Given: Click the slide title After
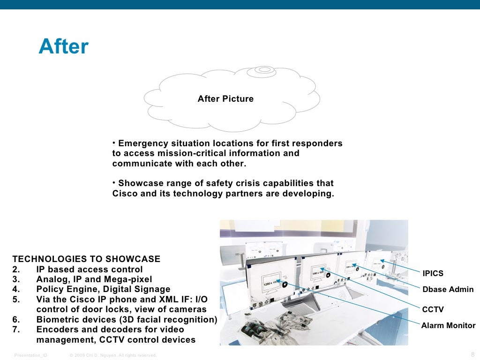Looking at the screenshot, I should point(63,47).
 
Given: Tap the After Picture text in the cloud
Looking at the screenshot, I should point(225,99).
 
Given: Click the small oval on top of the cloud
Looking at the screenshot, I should point(265,70).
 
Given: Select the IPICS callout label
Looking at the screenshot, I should point(433,273).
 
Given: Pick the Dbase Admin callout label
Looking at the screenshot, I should point(448,289).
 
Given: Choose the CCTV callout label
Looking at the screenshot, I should point(433,309).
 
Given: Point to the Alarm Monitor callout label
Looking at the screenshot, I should point(448,325).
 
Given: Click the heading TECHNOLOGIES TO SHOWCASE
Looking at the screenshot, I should point(86,259).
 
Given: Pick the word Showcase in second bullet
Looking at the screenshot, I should point(139,183).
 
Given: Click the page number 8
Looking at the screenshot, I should point(472,354).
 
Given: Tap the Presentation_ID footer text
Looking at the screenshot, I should point(30,355).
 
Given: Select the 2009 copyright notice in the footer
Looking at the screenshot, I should point(112,355).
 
